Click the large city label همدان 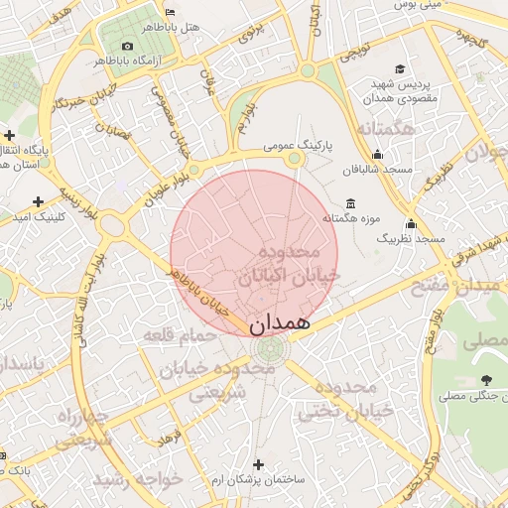tap(280, 322)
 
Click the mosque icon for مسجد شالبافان tap(377, 155)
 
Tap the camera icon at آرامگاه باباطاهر tap(126, 47)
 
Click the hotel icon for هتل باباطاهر tap(170, 12)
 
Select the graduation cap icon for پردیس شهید tap(399, 69)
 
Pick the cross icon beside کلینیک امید tap(38, 201)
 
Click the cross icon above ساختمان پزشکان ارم tap(259, 464)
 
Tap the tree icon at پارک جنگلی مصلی tap(485, 380)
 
